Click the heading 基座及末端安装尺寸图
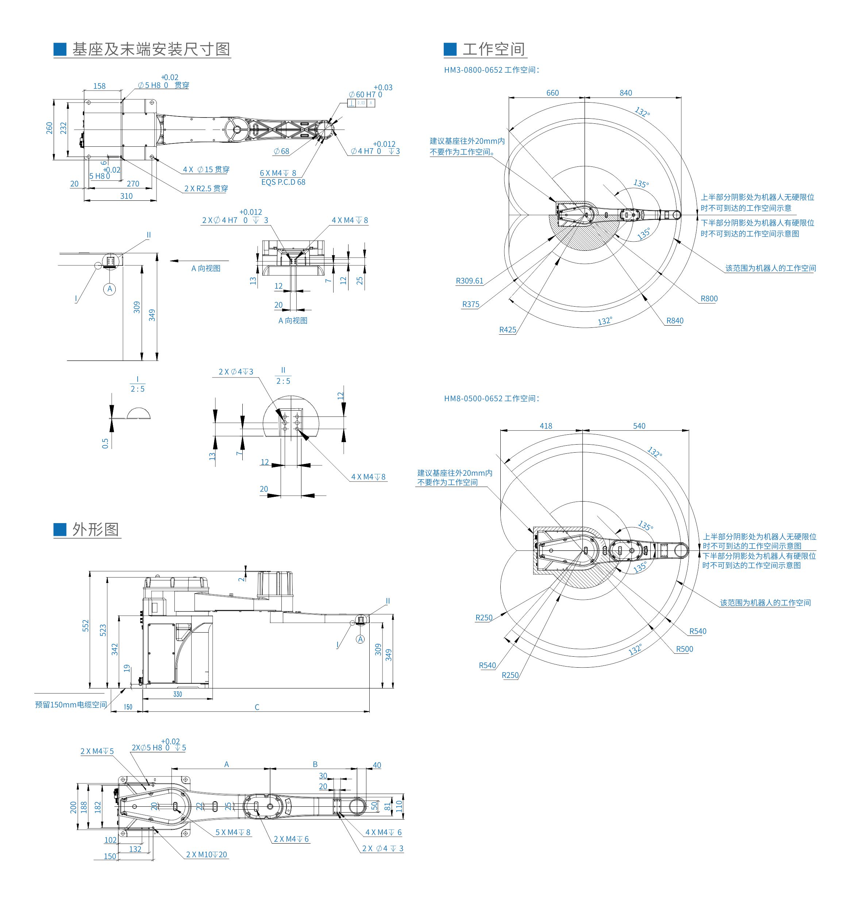[151, 49]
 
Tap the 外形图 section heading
[95, 530]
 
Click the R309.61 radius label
[470, 281]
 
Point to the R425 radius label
[508, 330]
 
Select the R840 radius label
[675, 321]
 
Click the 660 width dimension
[552, 93]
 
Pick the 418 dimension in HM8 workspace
[546, 426]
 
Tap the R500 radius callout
[684, 649]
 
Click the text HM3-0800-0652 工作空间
[491, 70]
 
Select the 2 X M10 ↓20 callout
[207, 855]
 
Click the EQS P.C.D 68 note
[283, 182]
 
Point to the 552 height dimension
[86, 626]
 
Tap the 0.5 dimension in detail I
[105, 443]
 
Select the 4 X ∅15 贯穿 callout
[206, 170]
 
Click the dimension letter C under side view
[257, 707]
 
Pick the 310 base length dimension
[126, 196]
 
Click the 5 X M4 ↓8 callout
[233, 833]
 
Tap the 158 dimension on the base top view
[99, 86]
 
